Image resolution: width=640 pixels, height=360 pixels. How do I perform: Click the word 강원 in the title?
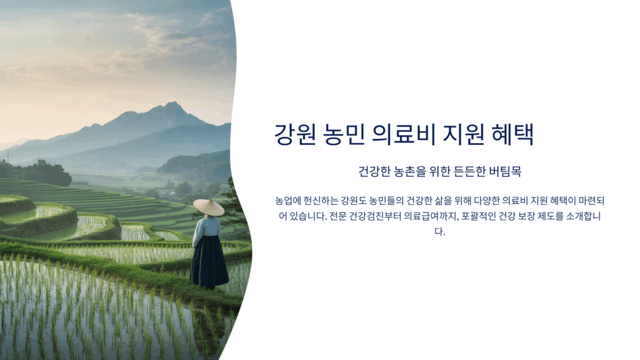click(x=295, y=134)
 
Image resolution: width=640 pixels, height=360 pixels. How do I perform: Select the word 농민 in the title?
click(x=344, y=134)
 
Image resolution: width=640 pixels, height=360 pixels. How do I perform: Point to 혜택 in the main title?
click(x=512, y=134)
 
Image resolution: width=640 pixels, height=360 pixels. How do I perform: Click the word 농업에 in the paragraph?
click(x=287, y=201)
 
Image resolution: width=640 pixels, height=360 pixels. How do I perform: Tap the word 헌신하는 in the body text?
click(x=321, y=201)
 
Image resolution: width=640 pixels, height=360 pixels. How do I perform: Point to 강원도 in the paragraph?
click(x=354, y=201)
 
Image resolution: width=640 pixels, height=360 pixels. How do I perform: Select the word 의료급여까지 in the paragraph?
click(x=431, y=216)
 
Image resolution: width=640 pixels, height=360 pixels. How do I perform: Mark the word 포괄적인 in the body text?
click(x=479, y=216)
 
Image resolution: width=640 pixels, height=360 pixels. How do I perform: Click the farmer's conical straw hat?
click(x=209, y=207)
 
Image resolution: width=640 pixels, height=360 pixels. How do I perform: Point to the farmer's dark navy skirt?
click(x=209, y=261)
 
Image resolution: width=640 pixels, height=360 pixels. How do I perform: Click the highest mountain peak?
click(x=173, y=103)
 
